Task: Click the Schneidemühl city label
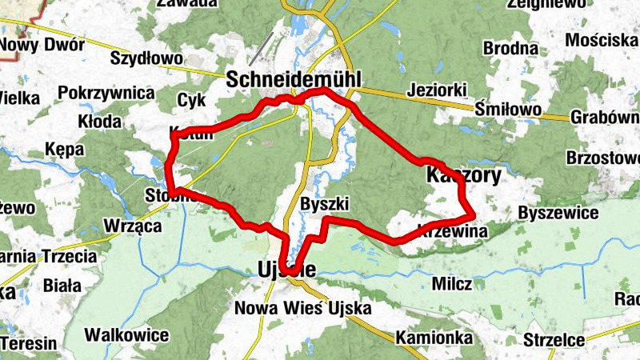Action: click(x=294, y=78)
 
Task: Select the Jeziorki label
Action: click(x=435, y=90)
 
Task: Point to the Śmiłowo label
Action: click(x=508, y=109)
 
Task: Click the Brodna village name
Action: click(x=510, y=49)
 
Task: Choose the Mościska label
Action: click(x=600, y=40)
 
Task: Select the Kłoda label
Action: click(x=100, y=122)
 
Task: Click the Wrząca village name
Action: click(x=134, y=226)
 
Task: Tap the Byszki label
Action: click(x=321, y=203)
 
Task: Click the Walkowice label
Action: click(x=130, y=334)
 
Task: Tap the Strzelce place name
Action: click(x=554, y=340)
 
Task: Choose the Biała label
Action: click(x=62, y=285)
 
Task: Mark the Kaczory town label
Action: click(x=464, y=175)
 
